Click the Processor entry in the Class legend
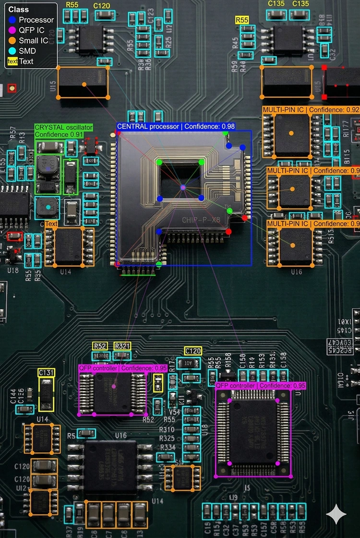tap(31, 20)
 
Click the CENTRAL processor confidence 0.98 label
tap(176, 127)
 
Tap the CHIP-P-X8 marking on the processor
tap(198, 220)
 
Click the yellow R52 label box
tap(100, 346)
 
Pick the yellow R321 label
tap(122, 346)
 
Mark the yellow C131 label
tap(47, 372)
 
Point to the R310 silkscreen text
tap(167, 429)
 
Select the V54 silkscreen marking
tap(174, 412)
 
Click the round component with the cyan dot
tap(48, 207)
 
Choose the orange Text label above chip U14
tap(51, 224)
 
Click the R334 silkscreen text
tap(168, 447)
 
